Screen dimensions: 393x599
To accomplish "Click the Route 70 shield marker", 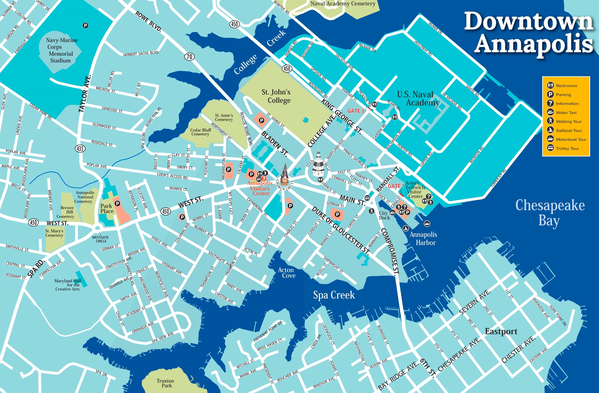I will point(189,57).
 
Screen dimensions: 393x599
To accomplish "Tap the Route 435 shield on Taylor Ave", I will point(80,148).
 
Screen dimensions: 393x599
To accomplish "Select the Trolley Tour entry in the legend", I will point(567,148).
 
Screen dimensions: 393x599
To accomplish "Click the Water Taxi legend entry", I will point(566,112).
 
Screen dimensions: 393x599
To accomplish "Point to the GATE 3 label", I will point(356,111).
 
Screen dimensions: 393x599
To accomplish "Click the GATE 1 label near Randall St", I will point(396,186).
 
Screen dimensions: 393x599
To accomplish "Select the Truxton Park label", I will point(165,383).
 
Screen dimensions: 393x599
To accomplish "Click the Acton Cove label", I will point(286,273).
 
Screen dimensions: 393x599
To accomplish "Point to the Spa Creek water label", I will point(334,295).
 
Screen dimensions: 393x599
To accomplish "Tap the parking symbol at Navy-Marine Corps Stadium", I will point(85,26).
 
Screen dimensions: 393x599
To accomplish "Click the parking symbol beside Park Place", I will point(117,203).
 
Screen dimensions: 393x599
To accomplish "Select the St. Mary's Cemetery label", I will point(54,233).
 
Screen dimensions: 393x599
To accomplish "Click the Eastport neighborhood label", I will point(501,331).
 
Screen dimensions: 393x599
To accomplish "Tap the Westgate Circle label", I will point(100,239).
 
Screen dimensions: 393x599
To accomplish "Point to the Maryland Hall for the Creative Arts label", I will point(68,285).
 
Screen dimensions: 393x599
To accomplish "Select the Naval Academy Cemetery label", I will point(343,3).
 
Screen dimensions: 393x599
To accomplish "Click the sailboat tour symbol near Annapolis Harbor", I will point(406,228).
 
